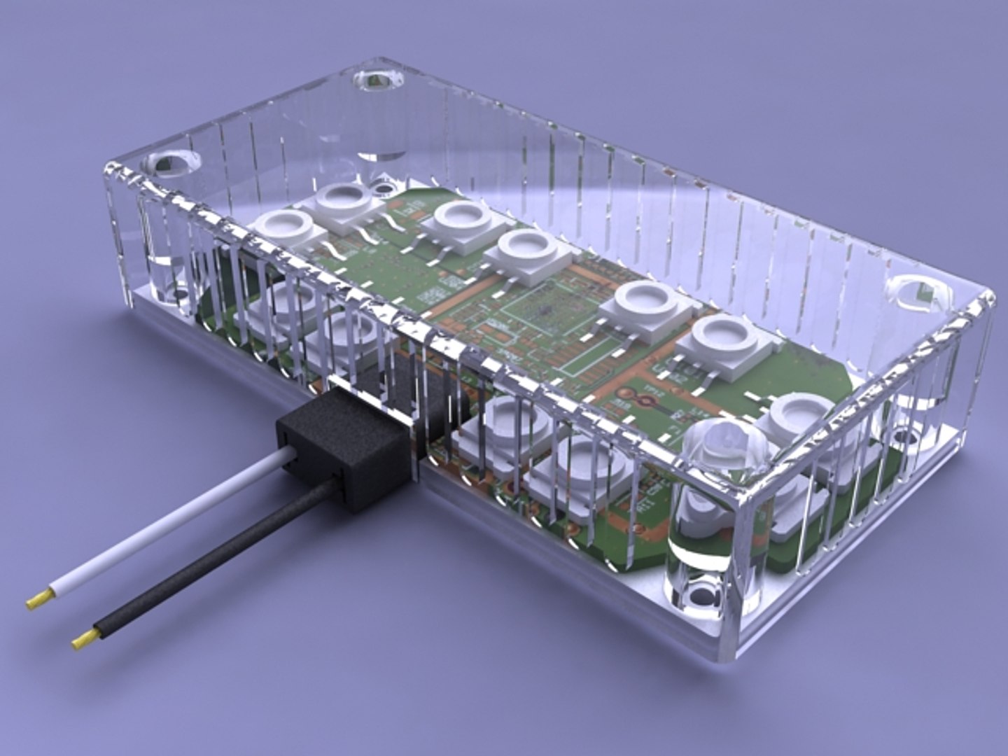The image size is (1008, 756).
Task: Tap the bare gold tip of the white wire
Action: click(x=40, y=599)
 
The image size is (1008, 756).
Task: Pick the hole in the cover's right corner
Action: click(x=918, y=294)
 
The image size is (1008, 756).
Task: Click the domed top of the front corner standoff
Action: click(x=725, y=445)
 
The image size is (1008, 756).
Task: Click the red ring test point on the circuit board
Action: click(x=647, y=401)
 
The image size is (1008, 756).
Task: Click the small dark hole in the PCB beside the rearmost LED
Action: click(x=384, y=188)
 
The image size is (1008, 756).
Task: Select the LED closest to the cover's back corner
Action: click(x=343, y=198)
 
